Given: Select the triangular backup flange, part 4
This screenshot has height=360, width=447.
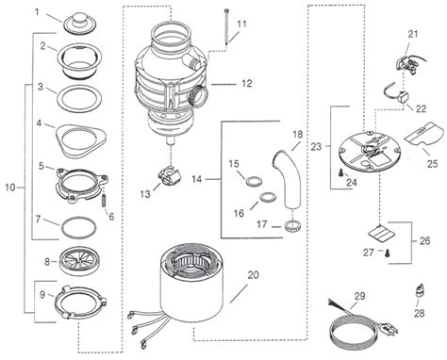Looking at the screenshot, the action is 81,139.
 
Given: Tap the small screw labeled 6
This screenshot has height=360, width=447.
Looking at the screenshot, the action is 103,201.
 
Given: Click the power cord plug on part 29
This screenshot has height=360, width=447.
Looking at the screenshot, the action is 390,329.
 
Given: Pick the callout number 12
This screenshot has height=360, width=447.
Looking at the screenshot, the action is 247,84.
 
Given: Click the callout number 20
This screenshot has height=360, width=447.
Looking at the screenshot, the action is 253,275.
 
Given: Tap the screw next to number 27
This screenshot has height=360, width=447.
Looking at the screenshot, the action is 387,252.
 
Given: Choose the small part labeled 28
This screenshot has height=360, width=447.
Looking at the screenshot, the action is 421,291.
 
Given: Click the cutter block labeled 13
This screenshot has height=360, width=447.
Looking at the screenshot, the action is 170,177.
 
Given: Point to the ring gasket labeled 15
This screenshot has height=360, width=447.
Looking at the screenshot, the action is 254,182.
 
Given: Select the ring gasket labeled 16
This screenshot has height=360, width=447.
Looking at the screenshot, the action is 268,197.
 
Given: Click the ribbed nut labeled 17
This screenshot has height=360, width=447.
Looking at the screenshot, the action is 293,226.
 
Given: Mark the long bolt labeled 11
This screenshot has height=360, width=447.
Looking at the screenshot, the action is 226,28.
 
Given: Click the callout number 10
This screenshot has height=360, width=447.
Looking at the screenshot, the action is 10,188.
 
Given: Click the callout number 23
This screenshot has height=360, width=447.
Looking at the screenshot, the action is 317,146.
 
